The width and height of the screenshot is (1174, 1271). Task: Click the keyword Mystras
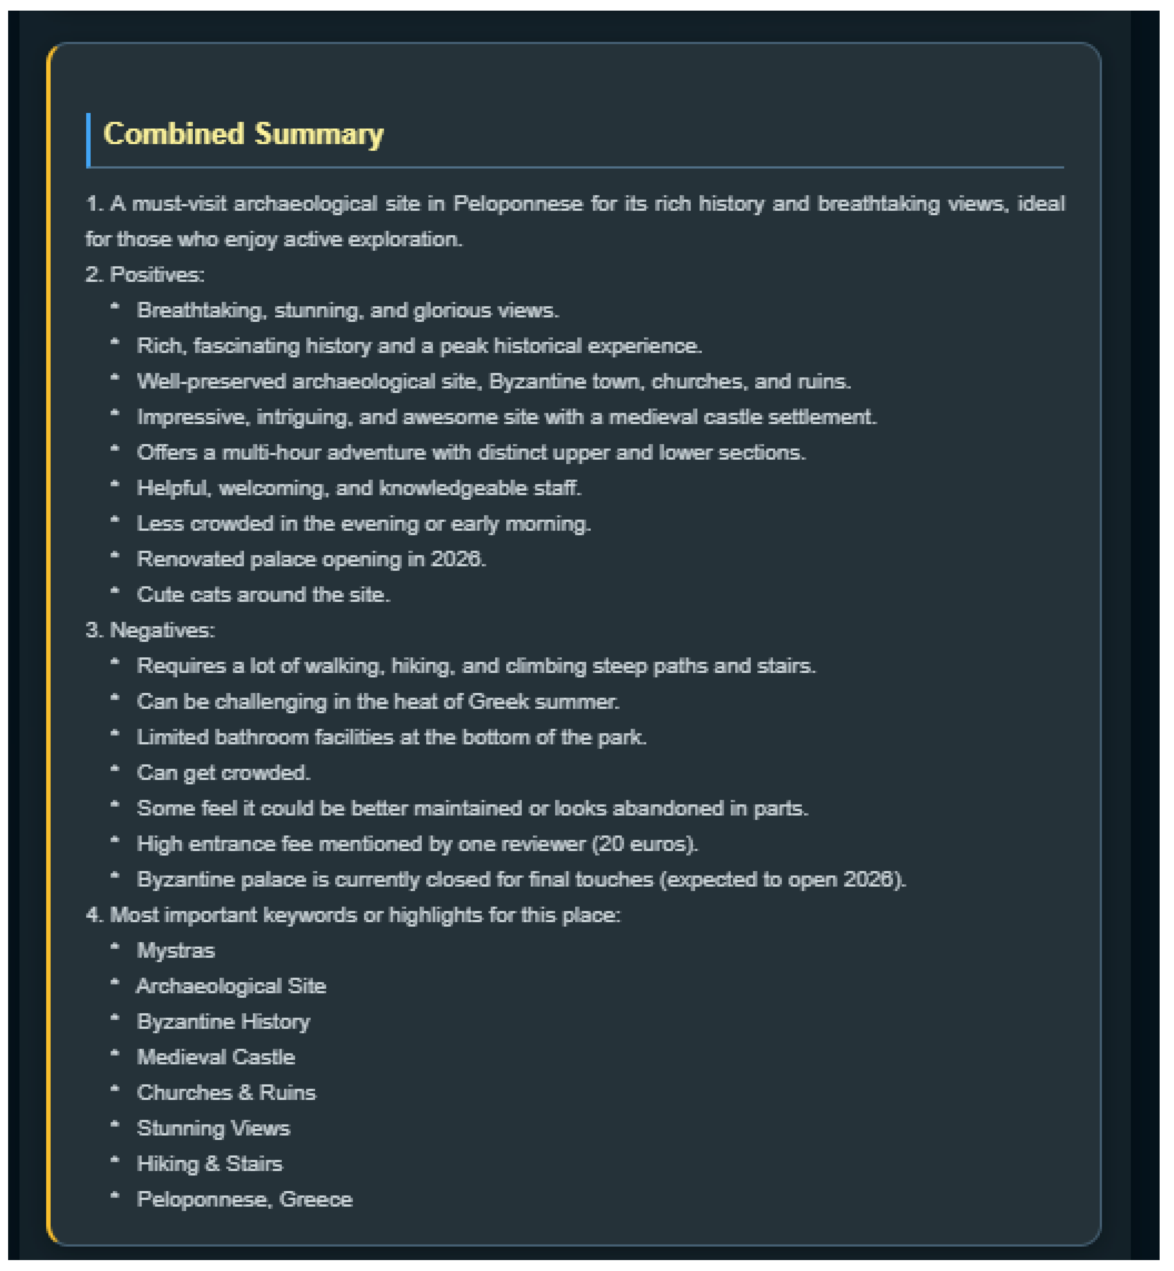pos(176,951)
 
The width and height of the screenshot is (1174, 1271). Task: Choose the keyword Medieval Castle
pos(216,1058)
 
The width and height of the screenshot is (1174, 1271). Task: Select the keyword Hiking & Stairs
pos(210,1164)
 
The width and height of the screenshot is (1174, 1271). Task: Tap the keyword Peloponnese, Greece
pos(245,1200)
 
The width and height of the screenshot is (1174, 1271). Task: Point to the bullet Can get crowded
pos(224,773)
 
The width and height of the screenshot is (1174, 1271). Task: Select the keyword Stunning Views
pos(213,1129)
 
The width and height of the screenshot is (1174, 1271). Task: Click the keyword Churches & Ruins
pos(226,1093)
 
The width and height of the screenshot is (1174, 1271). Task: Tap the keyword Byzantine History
pos(224,1022)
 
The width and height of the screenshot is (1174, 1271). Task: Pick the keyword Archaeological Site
pos(231,987)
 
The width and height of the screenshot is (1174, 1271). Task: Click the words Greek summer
pos(543,702)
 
